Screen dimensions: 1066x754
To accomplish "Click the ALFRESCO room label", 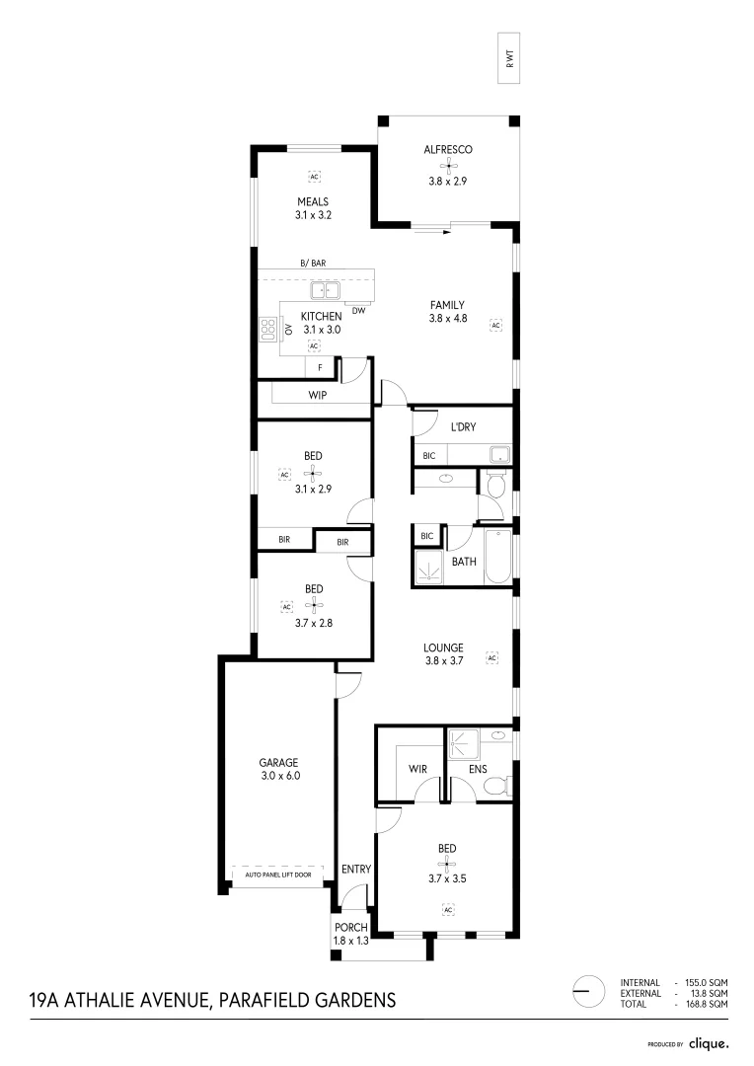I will [x=448, y=150].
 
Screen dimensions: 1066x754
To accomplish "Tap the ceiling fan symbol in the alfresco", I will [x=448, y=166].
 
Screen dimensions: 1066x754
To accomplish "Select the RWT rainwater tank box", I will [x=511, y=61].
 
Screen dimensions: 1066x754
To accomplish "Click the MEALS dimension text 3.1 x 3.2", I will [x=313, y=214].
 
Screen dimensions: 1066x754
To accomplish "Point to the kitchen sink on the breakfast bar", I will [x=324, y=290].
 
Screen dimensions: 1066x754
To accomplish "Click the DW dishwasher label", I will [x=358, y=311].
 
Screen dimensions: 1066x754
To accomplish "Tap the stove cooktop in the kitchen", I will [x=266, y=330].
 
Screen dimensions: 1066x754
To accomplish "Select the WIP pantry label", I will [x=318, y=395].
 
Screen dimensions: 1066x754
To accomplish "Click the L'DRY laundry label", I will [x=463, y=427].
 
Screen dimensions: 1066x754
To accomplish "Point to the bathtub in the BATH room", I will [x=496, y=558].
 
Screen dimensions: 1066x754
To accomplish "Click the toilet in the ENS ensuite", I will [x=498, y=786].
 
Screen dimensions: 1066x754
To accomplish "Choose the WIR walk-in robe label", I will [x=416, y=768].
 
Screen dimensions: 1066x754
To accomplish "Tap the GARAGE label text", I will [x=278, y=762].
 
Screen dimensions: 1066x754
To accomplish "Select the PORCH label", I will [x=351, y=928].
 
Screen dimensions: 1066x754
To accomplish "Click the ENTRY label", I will [x=355, y=870].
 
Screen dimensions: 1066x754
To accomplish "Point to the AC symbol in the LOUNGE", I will [x=490, y=656].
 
